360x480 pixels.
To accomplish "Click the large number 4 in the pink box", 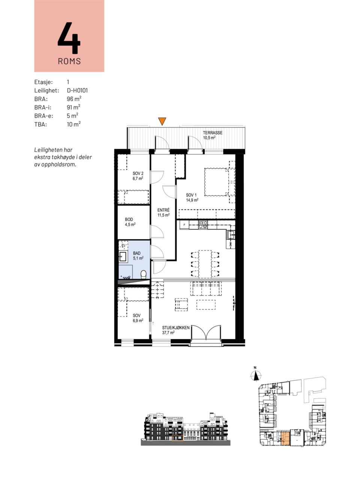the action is click(69, 37).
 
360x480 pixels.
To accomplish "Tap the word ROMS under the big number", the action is click(69, 61).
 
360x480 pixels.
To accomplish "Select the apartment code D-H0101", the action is click(77, 90).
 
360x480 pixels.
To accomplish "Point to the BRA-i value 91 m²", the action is click(73, 107).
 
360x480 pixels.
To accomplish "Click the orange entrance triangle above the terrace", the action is click(162, 121).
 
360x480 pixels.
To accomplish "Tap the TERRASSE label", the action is click(213, 133).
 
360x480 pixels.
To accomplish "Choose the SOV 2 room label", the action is click(138, 173).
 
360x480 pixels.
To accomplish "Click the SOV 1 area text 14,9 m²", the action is click(192, 200).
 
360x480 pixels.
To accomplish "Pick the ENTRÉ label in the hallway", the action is click(163, 210).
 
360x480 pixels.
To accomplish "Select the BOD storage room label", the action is click(129, 219).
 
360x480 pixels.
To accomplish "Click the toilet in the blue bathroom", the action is click(143, 274).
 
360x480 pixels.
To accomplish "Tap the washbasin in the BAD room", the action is click(123, 256).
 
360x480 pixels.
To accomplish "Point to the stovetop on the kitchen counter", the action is click(203, 225).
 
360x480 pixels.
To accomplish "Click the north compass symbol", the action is click(255, 375).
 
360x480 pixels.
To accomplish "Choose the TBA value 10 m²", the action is click(73, 124).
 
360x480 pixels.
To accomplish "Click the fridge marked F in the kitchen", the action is click(184, 225).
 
